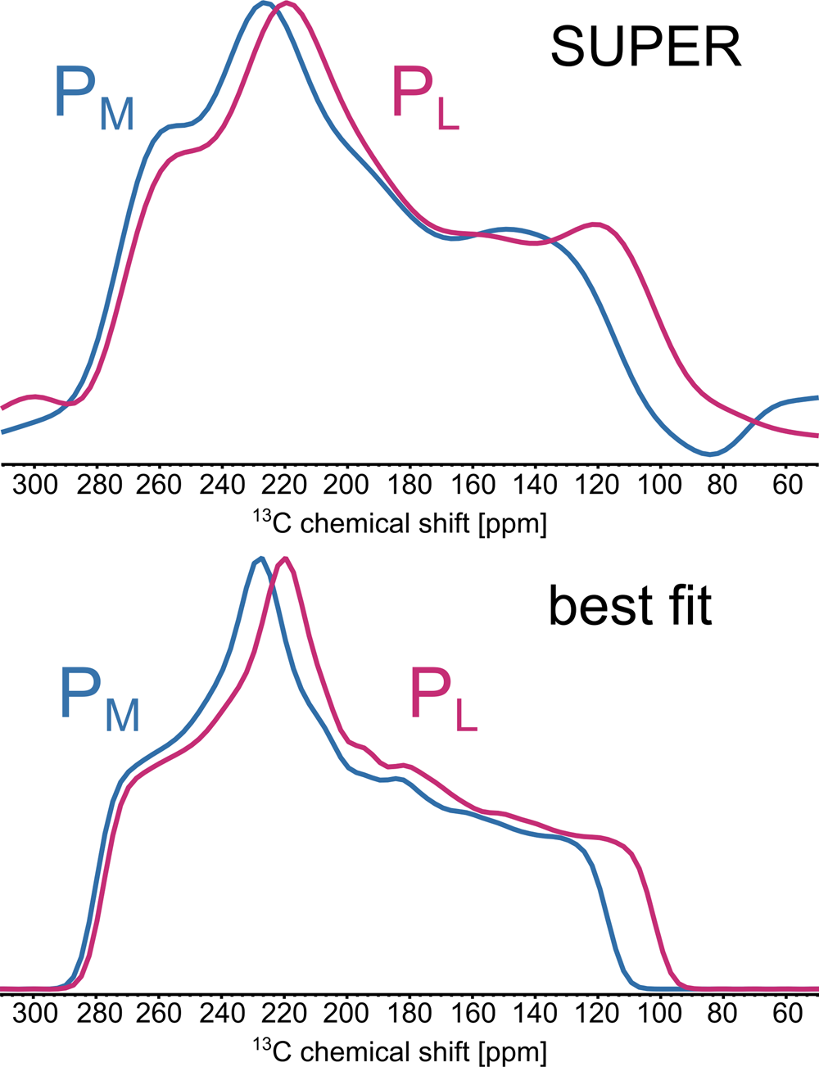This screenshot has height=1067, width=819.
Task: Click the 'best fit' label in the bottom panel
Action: [630, 607]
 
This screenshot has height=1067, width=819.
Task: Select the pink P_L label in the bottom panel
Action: [443, 703]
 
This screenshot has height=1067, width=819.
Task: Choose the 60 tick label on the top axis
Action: [786, 485]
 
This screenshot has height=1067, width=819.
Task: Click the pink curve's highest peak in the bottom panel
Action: [285, 558]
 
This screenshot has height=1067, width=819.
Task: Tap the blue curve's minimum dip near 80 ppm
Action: [711, 454]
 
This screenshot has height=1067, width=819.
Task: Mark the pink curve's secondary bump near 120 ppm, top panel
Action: [595, 224]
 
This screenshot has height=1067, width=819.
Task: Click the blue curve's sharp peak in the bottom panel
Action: [260, 558]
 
